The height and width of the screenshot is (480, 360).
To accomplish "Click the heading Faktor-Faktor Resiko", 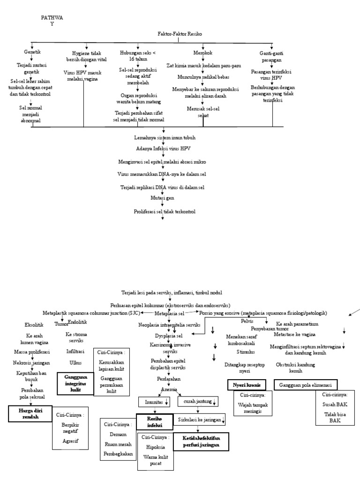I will [178, 35].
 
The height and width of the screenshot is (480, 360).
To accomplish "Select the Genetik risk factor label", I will [32, 52].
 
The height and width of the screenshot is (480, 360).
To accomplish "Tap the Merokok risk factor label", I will [202, 52].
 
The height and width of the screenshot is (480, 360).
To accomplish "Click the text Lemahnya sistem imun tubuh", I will [164, 138].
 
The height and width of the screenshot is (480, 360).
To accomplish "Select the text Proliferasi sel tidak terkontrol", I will [164, 211].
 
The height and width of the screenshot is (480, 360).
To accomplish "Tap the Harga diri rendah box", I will [30, 413].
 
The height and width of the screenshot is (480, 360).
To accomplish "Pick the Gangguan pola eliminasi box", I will [305, 384].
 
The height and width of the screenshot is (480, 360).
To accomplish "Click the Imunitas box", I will [154, 402].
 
